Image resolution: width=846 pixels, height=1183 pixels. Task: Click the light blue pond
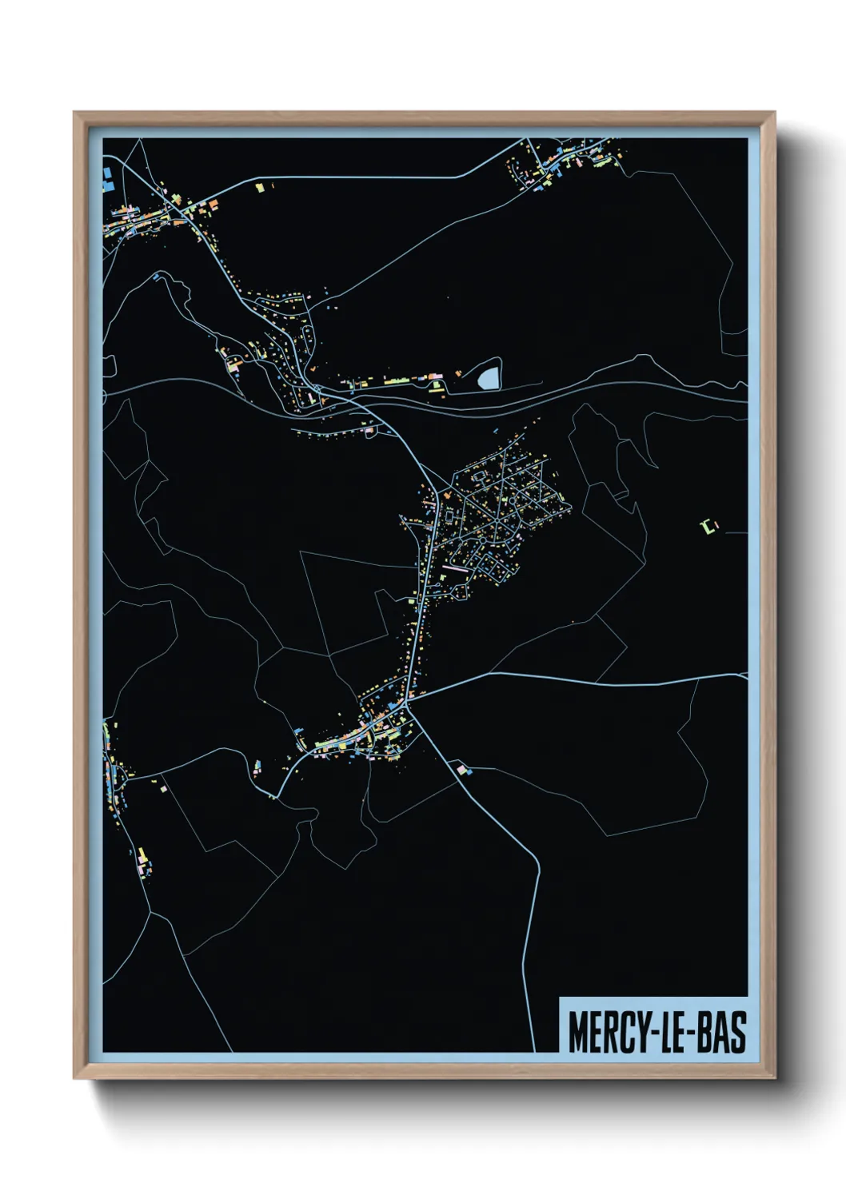pos(489,375)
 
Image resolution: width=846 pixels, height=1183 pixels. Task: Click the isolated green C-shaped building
pos(706,526)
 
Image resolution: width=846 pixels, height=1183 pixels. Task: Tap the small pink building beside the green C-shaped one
pos(716,524)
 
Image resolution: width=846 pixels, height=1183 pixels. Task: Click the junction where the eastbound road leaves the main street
pos(409,703)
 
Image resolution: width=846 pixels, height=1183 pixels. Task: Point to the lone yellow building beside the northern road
pos(259,187)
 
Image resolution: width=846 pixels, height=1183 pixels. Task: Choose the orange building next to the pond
pos(457,372)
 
